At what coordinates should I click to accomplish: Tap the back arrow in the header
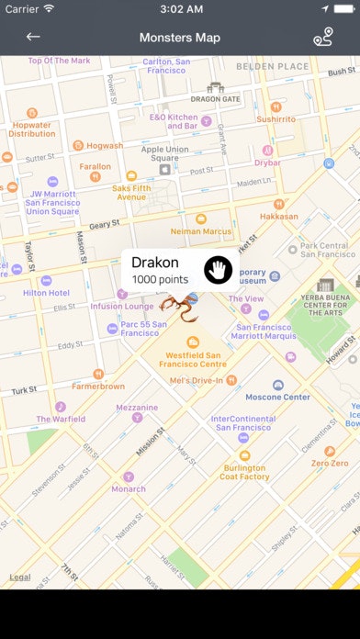tap(33, 37)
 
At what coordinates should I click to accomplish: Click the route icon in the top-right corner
tap(322, 37)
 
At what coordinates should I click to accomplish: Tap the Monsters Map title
tap(180, 38)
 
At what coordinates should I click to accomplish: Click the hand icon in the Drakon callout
tap(218, 269)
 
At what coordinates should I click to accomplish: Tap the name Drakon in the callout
tap(155, 263)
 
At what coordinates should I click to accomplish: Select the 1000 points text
tap(160, 279)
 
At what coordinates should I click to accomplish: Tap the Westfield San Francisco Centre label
tap(194, 359)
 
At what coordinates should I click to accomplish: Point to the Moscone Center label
tap(277, 398)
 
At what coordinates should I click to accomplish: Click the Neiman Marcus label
tap(201, 231)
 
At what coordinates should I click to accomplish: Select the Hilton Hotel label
tap(46, 293)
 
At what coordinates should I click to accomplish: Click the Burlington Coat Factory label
tap(244, 472)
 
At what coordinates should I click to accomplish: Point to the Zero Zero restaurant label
tap(330, 464)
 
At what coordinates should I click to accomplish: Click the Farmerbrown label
tap(98, 387)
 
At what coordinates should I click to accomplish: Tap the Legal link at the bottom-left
tap(19, 577)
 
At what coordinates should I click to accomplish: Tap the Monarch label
tap(129, 488)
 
